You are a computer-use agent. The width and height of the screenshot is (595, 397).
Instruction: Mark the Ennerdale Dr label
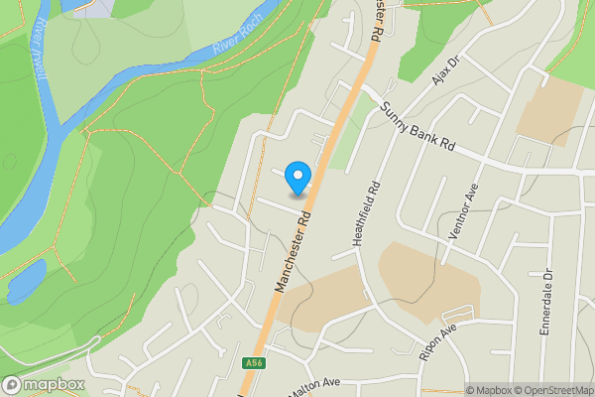pos(545,302)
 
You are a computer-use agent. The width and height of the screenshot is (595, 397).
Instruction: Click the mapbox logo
pos(44,384)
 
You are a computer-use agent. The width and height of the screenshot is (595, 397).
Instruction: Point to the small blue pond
pos(25,281)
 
